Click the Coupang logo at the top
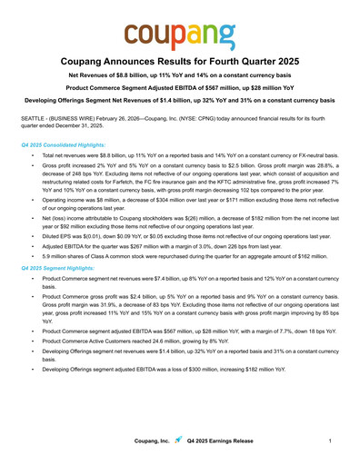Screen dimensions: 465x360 [x=180, y=36]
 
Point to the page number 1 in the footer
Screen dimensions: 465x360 [x=327, y=440]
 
